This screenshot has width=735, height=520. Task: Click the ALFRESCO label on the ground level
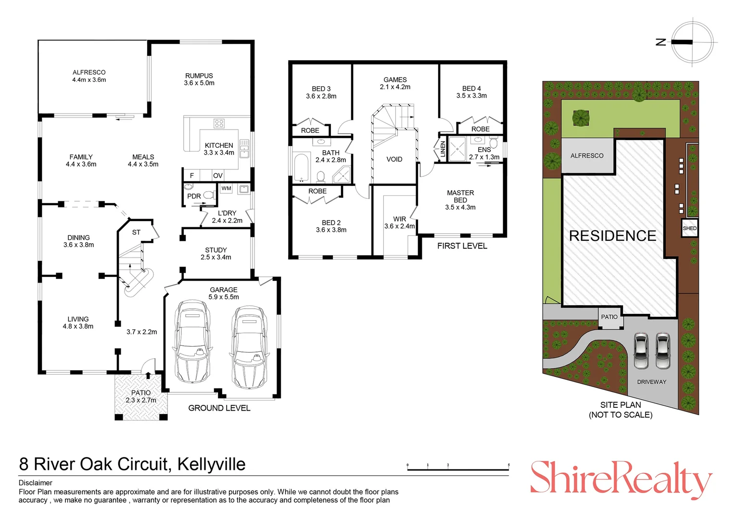tap(89, 76)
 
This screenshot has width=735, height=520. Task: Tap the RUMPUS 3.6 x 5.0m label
tap(199, 79)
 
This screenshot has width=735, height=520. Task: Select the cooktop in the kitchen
tap(219, 124)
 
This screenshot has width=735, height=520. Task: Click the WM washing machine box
tap(226, 188)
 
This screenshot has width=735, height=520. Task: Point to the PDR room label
tap(194, 196)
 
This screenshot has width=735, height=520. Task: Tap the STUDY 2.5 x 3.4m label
tap(215, 253)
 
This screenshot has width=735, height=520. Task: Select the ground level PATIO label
tap(141, 396)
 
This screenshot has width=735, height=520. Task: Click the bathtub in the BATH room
tap(301, 167)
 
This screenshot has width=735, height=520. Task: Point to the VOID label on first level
tap(394, 159)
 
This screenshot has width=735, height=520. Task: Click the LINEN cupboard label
tap(443, 149)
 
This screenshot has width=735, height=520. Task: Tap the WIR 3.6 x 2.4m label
tap(399, 222)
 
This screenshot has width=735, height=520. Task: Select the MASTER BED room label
tap(460, 199)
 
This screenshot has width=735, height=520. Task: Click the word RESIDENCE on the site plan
tap(612, 235)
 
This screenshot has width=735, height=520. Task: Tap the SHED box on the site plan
tap(689, 228)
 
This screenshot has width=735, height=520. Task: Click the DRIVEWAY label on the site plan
tap(651, 382)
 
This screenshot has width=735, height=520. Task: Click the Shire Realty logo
tap(620, 479)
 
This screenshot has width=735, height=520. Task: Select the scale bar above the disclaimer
tap(457, 468)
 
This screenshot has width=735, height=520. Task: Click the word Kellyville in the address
tap(211, 464)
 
